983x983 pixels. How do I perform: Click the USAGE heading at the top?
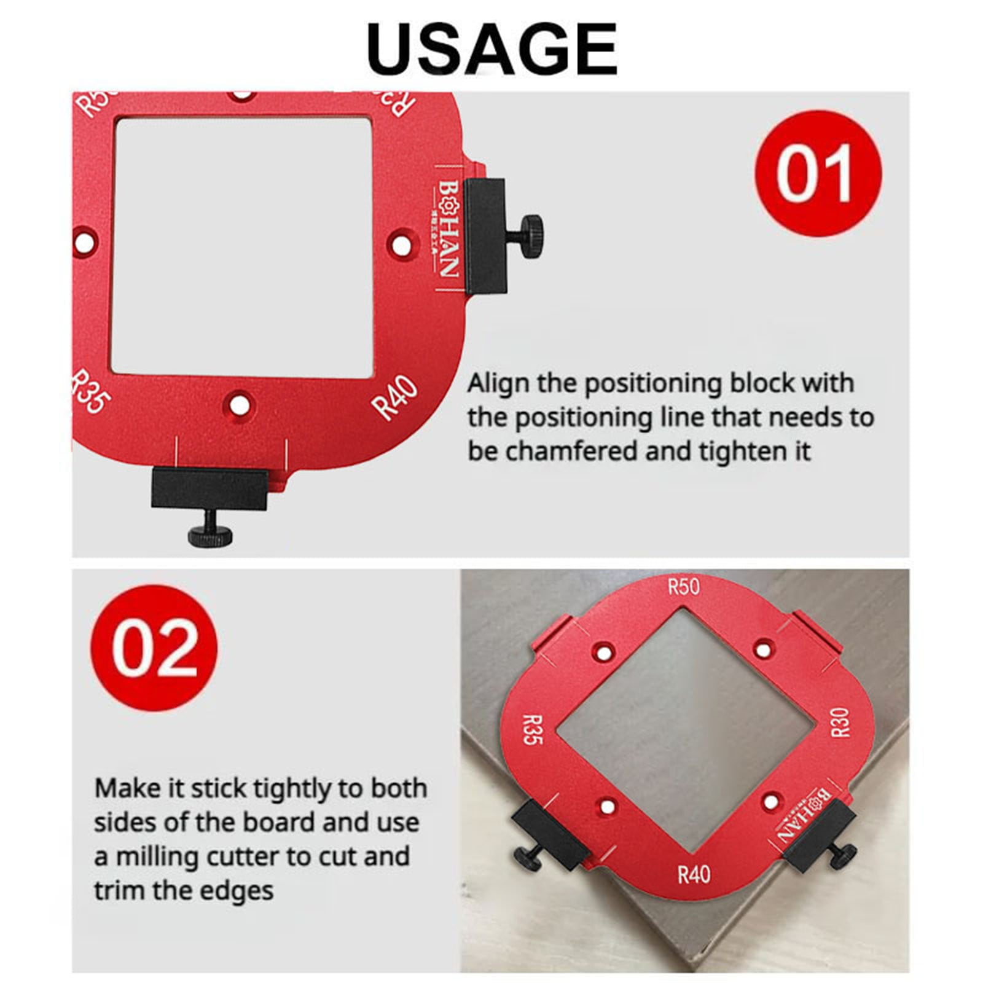[491, 49]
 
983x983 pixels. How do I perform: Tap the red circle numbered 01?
[817, 173]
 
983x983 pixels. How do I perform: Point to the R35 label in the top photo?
[91, 393]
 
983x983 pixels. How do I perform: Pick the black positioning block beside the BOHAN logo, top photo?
[485, 235]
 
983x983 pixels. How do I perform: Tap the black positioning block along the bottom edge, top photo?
[210, 488]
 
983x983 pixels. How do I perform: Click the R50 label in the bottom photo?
[684, 587]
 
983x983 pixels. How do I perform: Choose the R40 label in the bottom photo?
[694, 874]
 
